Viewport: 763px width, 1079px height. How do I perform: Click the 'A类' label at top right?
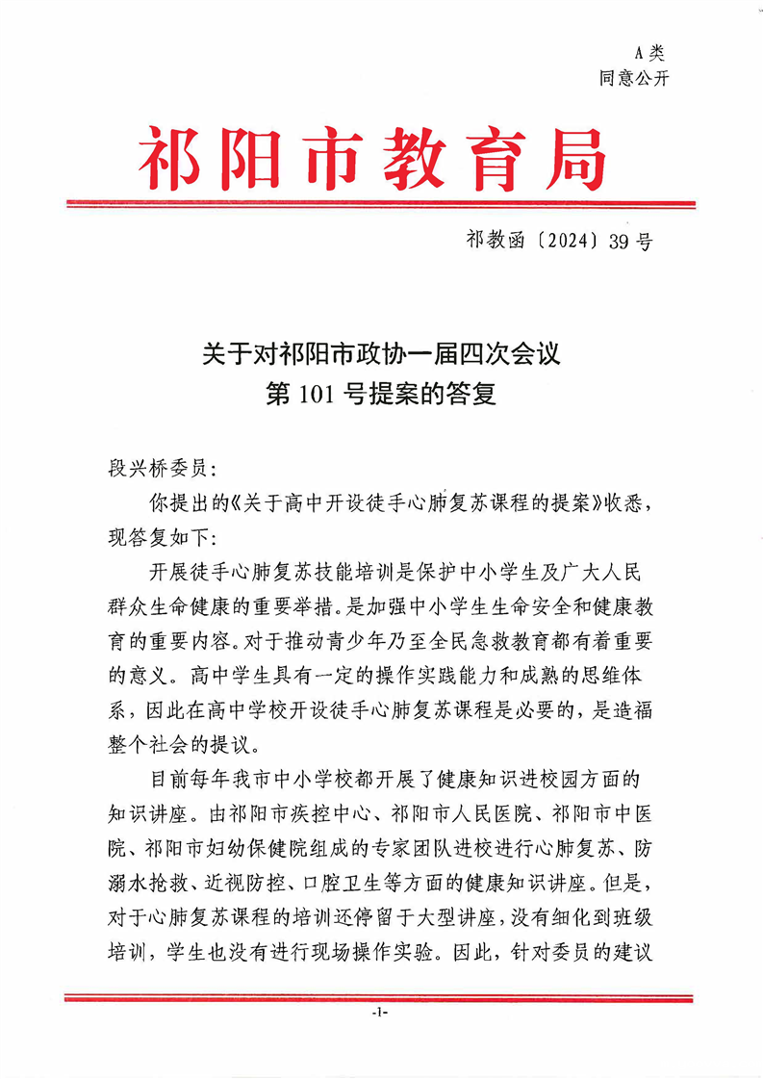click(650, 53)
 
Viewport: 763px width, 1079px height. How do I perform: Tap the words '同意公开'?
click(634, 79)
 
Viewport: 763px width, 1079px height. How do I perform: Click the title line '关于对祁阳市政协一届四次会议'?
click(381, 354)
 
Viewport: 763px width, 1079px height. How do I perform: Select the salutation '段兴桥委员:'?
click(165, 472)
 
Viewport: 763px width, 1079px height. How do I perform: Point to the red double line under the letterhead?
click(380, 204)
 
